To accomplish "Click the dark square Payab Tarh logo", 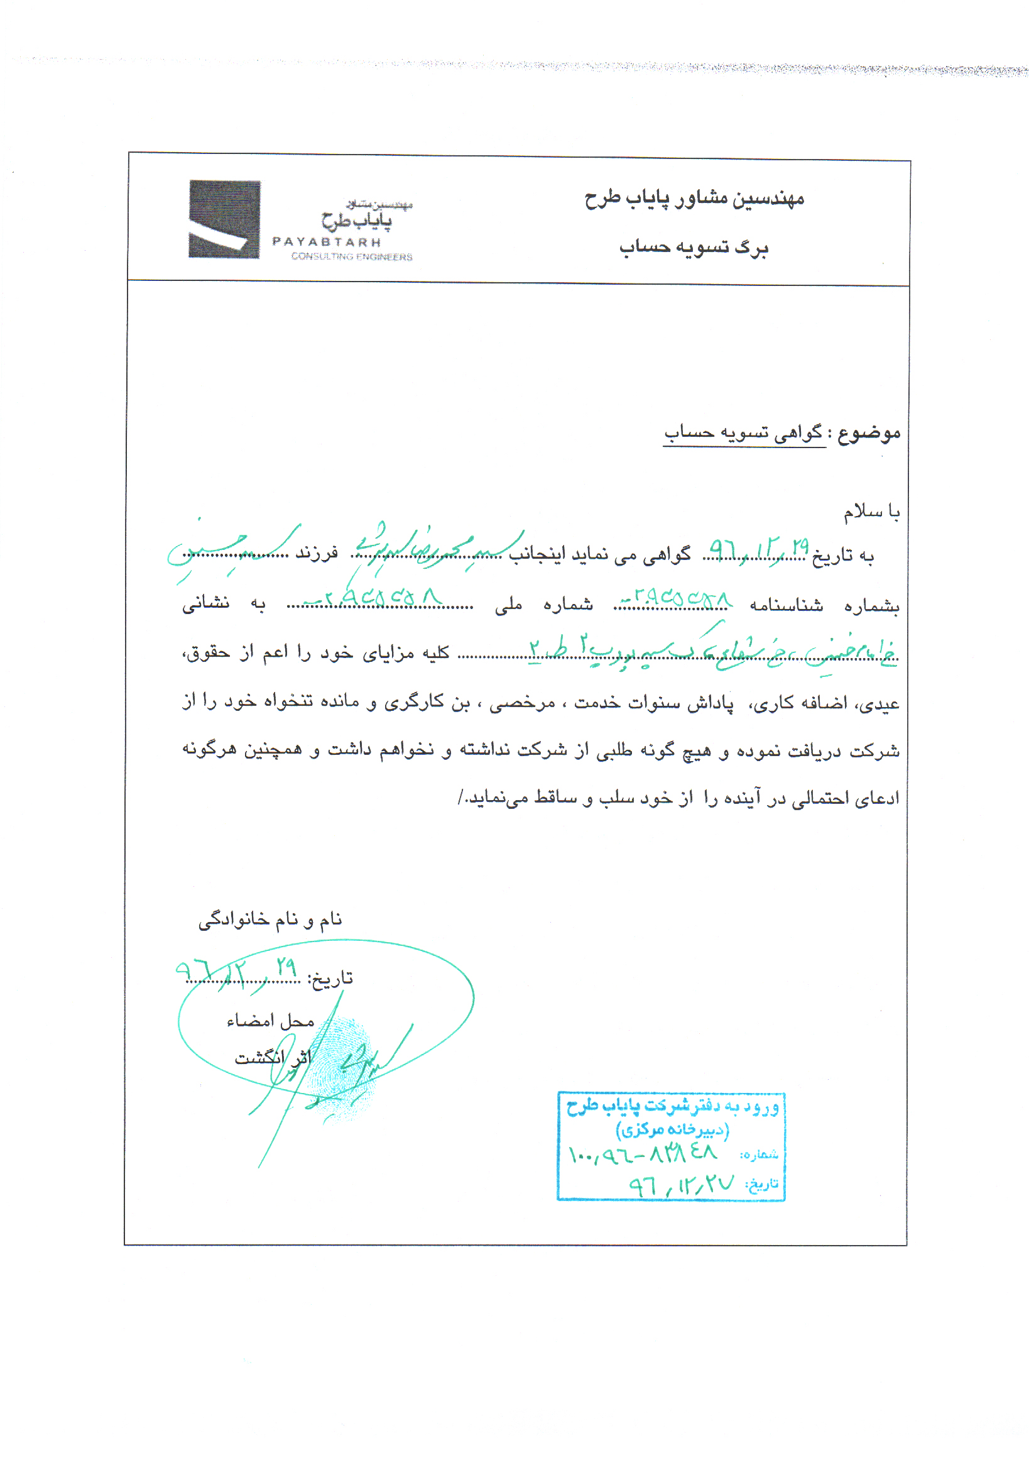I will (x=224, y=219).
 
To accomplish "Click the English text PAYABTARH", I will (x=327, y=242).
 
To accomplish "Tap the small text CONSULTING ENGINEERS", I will (x=351, y=257).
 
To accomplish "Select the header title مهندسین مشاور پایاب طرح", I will (x=694, y=199).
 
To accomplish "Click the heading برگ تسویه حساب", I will (x=694, y=247).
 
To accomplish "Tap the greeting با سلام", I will (x=871, y=511).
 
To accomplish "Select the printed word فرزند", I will (x=317, y=553).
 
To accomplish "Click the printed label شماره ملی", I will (x=544, y=604).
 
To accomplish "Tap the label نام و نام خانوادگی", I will (x=270, y=919).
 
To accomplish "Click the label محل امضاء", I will (x=271, y=1021).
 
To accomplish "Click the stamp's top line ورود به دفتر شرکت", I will (x=672, y=1107).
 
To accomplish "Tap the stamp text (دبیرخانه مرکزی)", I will (x=672, y=1130).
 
